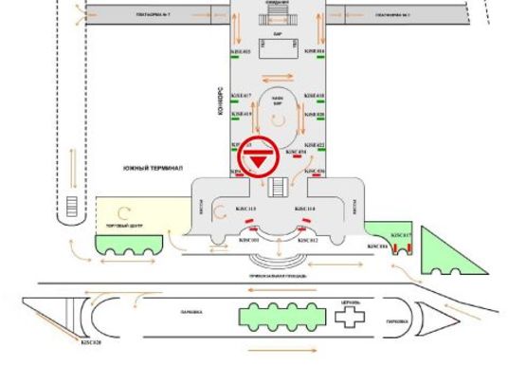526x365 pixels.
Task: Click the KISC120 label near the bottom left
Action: point(91,342)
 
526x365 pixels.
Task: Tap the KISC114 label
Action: point(305,208)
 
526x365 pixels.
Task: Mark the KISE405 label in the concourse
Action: point(242,51)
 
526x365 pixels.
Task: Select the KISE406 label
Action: point(315,51)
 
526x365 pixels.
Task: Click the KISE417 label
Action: point(242,96)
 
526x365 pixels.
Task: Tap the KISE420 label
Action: point(315,114)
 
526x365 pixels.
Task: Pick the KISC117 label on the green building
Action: point(401,234)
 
